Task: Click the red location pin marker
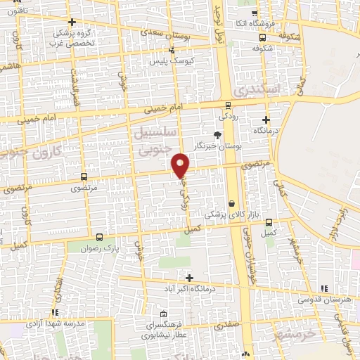(181, 165)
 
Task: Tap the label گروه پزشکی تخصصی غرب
(72, 36)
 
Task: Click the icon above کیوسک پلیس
(172, 50)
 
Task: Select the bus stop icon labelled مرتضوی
(84, 178)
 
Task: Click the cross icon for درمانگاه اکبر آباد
(188, 278)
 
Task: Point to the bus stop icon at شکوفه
(262, 37)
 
